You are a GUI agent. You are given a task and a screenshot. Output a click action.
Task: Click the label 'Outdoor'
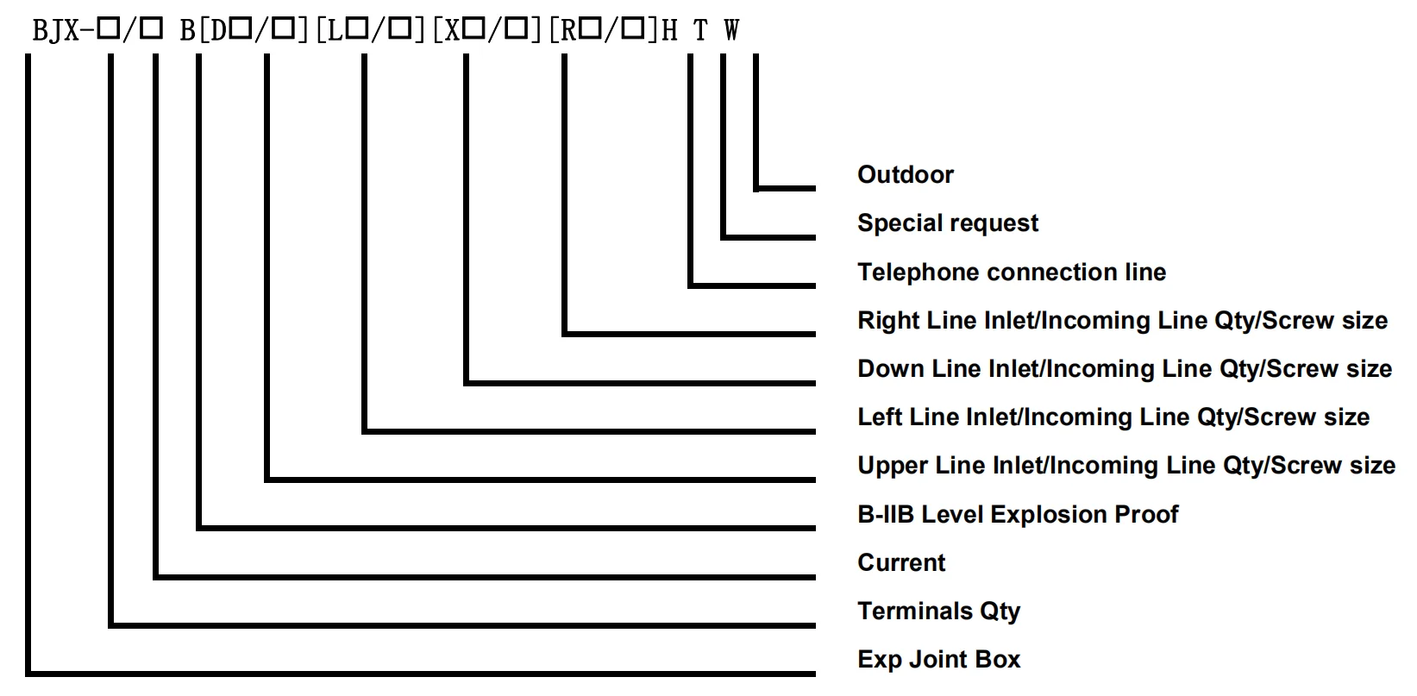pyautogui.click(x=905, y=175)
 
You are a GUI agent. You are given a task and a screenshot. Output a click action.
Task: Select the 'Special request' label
pyautogui.click(x=947, y=223)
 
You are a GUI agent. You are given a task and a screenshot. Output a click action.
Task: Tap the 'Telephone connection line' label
pyautogui.click(x=1011, y=273)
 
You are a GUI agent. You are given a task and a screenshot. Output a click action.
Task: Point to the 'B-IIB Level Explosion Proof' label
pyautogui.click(x=1017, y=515)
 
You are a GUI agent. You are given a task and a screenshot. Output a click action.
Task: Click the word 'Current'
pyautogui.click(x=900, y=563)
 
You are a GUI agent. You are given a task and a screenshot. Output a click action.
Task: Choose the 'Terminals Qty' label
pyautogui.click(x=938, y=611)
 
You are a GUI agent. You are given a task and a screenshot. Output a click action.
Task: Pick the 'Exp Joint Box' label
pyautogui.click(x=938, y=660)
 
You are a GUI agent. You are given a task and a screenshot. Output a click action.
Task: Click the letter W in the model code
pyautogui.click(x=731, y=32)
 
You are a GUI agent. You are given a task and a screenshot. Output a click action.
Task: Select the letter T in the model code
pyautogui.click(x=700, y=32)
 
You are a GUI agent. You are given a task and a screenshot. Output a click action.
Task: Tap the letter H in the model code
pyautogui.click(x=669, y=32)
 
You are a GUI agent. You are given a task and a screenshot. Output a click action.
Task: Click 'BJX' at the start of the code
pyautogui.click(x=56, y=32)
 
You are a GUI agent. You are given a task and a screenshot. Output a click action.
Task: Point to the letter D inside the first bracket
pyautogui.click(x=218, y=32)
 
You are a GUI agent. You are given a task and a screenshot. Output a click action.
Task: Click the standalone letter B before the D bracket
pyautogui.click(x=187, y=32)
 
